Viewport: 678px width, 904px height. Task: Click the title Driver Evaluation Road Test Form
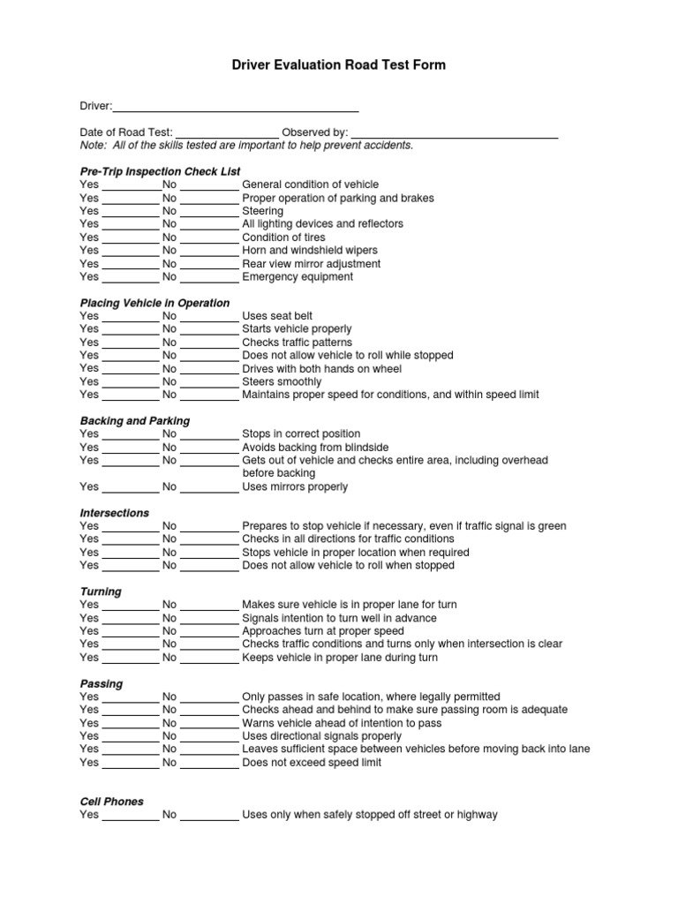pyautogui.click(x=339, y=65)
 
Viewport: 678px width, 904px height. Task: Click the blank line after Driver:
pyautogui.click(x=235, y=108)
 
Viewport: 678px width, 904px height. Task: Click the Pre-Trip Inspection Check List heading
pyautogui.click(x=160, y=171)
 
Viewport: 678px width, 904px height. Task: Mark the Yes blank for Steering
pyautogui.click(x=130, y=213)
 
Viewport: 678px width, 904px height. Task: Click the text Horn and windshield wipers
pyautogui.click(x=309, y=251)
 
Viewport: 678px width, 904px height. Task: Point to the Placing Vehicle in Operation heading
pyautogui.click(x=154, y=303)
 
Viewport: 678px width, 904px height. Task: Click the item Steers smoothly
pyautogui.click(x=282, y=382)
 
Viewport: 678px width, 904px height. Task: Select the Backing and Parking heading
pyautogui.click(x=134, y=421)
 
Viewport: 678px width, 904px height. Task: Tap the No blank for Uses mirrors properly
pyautogui.click(x=209, y=488)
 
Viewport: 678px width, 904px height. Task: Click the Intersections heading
pyautogui.click(x=115, y=513)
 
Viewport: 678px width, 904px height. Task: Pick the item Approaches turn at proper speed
pyautogui.click(x=323, y=631)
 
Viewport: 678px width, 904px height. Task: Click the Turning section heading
pyautogui.click(x=101, y=591)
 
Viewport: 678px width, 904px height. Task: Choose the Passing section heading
pyautogui.click(x=102, y=684)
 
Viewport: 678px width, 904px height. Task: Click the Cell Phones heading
pyautogui.click(x=111, y=802)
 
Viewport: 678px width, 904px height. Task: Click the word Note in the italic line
pyautogui.click(x=92, y=146)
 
